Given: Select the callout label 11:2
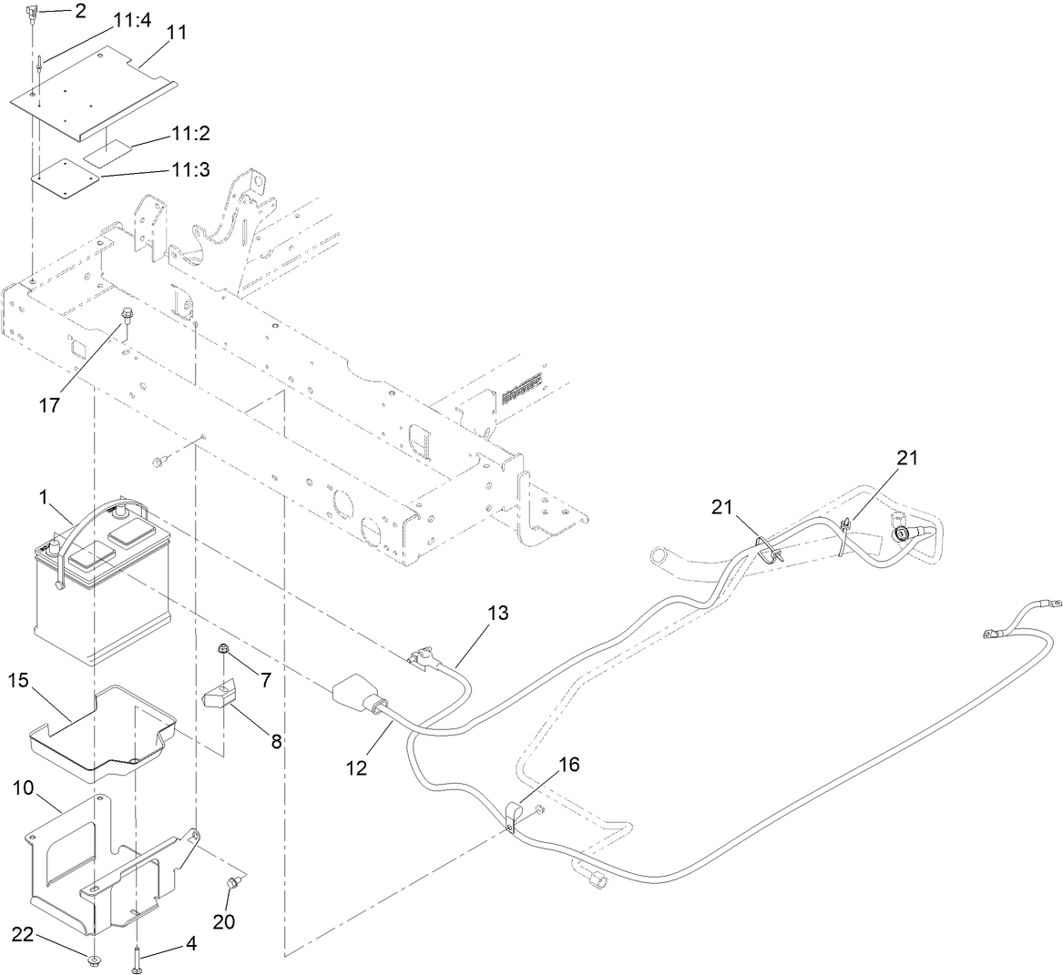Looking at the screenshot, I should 190,133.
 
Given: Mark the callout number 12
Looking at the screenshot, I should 356,767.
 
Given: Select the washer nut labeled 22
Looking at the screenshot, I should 93,959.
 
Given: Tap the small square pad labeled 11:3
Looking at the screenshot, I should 66,178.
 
